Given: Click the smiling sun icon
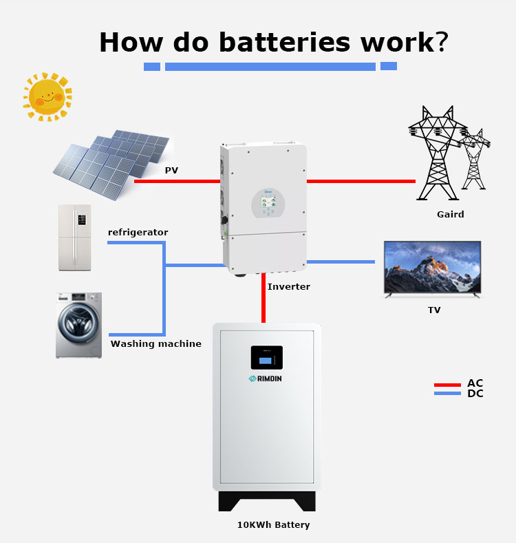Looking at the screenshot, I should click(x=47, y=97).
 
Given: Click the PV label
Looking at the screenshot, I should click(x=171, y=170).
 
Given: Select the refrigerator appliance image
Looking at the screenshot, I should click(x=74, y=237).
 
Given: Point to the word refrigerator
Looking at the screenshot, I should click(x=138, y=233).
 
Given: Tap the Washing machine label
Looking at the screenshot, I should click(x=156, y=343).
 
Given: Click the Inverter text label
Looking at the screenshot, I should click(x=289, y=286).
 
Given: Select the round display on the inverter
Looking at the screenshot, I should click(x=268, y=202).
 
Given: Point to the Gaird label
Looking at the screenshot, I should click(x=451, y=214).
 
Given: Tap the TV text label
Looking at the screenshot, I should click(x=434, y=310).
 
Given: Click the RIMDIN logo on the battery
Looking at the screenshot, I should click(x=266, y=379).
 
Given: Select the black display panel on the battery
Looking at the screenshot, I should click(x=266, y=357).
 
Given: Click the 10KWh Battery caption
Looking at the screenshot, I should click(x=273, y=524).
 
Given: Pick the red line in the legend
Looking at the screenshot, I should click(x=447, y=385).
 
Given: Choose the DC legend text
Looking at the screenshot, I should click(x=475, y=394).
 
